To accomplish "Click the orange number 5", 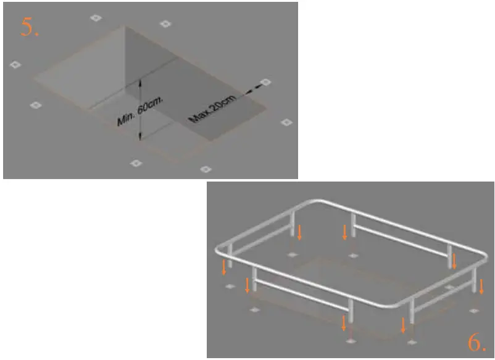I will tap(30, 27).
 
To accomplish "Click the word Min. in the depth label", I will tap(126, 118).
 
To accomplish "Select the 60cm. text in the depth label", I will tap(149, 106).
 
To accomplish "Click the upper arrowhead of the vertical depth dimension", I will tap(140, 82).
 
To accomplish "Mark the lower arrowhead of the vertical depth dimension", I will tap(140, 137).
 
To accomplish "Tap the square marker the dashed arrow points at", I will tap(265, 82).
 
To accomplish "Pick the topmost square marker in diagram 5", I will tap(95, 17).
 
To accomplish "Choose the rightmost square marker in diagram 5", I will tap(286, 122).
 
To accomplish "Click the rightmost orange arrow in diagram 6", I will tap(482, 286).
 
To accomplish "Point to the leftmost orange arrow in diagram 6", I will tap(224, 267).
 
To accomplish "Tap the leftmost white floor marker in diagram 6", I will tap(230, 286).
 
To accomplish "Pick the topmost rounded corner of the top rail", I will tap(316, 201).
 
